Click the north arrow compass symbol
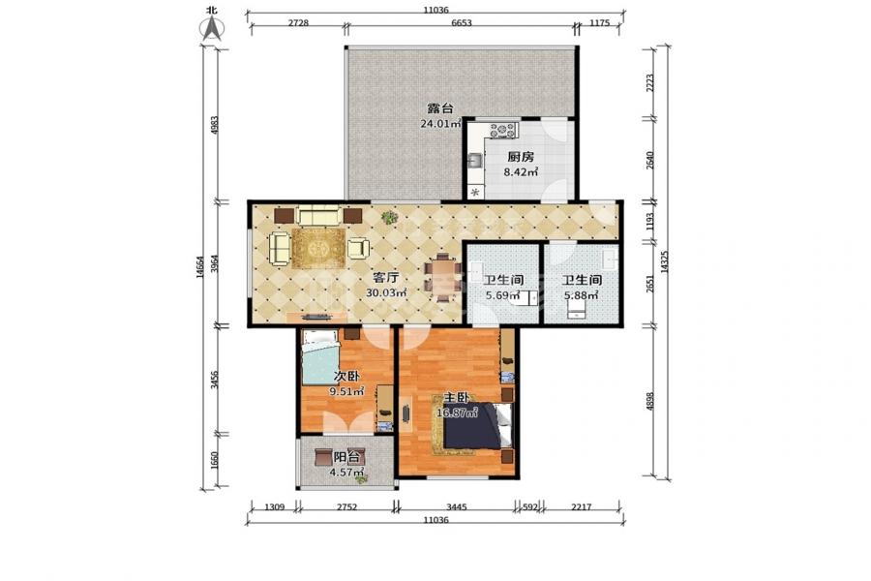point(212,25)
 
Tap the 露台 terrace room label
point(440,108)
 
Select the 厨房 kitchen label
point(521,157)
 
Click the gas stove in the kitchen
point(502,131)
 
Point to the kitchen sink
point(476,161)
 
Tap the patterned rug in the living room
point(318,248)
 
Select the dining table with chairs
point(442,276)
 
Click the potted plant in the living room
point(389,217)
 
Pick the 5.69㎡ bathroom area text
point(503,295)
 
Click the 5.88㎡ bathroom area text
point(581,295)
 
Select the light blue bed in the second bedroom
point(320,357)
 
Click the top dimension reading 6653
point(462,23)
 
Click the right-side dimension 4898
point(650,401)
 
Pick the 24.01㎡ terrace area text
point(440,123)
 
